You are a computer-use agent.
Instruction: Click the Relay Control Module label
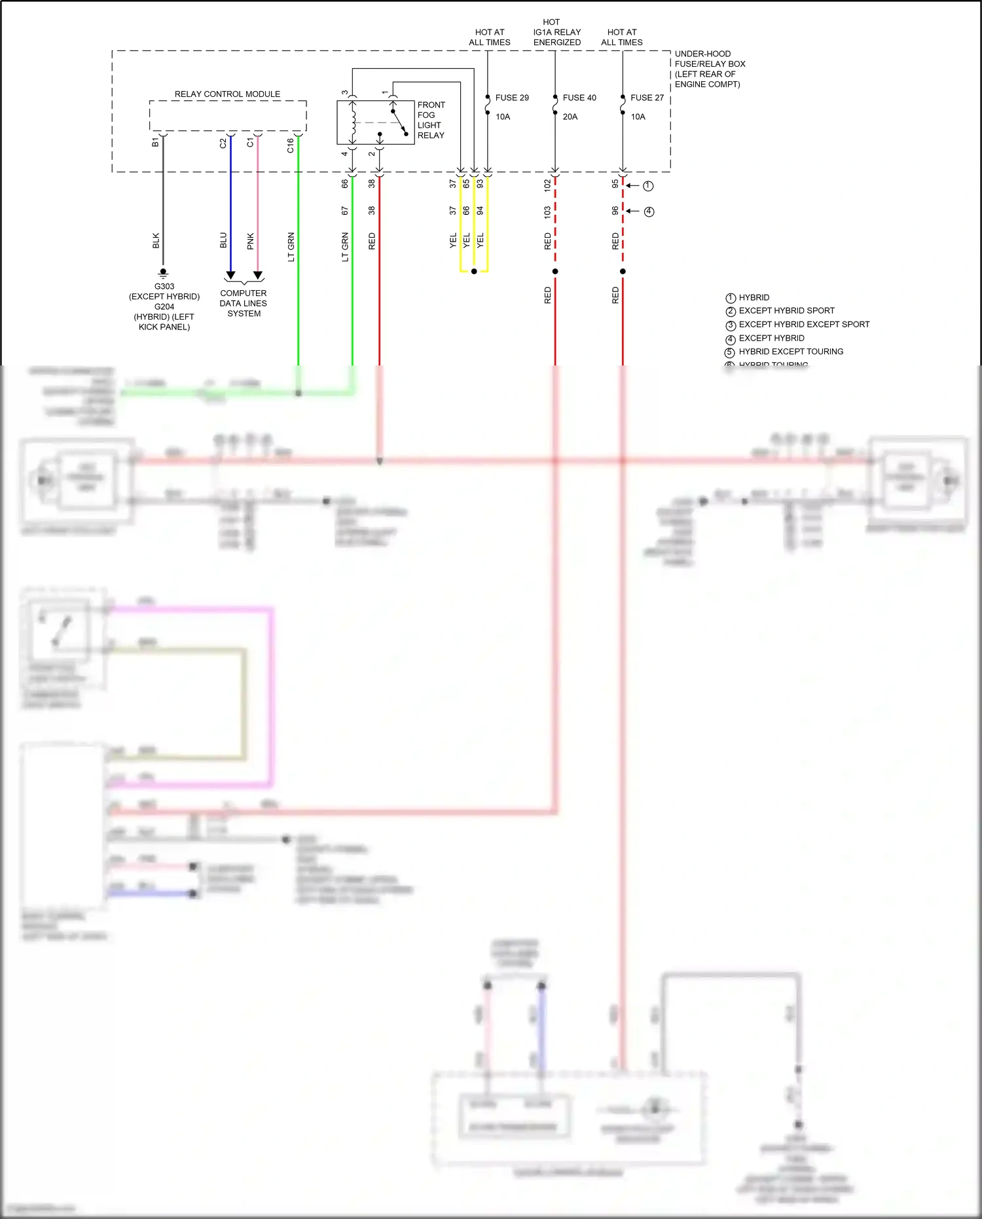coord(227,94)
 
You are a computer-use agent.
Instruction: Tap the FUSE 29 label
coord(511,98)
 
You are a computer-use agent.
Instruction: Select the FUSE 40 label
coord(579,98)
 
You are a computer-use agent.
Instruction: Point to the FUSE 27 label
coord(647,98)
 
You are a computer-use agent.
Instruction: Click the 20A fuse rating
coord(570,117)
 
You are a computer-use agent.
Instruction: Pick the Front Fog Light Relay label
coord(431,120)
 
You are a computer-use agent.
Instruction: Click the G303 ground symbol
coord(163,272)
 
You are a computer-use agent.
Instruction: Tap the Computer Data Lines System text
coord(244,303)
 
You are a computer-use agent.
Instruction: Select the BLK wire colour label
coord(156,240)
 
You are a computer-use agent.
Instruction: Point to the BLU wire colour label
coord(223,240)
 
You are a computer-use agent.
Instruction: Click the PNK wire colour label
coord(251,241)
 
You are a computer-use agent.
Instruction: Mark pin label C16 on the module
coord(291,145)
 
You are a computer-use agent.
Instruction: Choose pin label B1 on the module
coord(155,142)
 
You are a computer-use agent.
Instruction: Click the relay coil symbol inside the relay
coord(354,122)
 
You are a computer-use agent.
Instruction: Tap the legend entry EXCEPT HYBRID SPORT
coord(786,310)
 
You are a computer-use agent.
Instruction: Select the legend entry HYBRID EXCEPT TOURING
coord(791,352)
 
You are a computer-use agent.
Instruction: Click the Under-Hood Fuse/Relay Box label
coord(710,69)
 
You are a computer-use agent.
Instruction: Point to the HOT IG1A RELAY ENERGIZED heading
coord(556,32)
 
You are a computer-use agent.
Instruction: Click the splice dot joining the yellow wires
coord(474,271)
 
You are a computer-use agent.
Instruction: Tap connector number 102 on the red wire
coord(547,185)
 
